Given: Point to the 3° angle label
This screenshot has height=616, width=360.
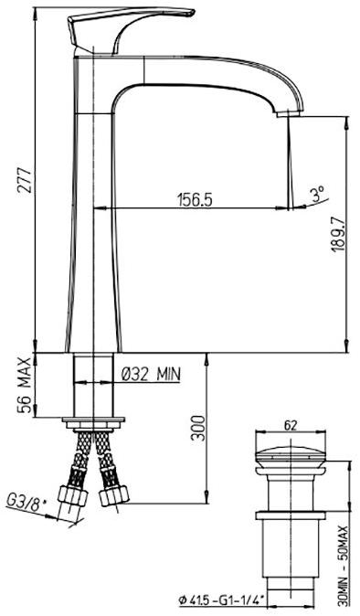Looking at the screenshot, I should (317, 194).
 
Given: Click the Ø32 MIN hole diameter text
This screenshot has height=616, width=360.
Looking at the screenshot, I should (152, 373).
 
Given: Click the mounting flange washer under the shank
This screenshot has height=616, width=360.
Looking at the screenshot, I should (94, 421).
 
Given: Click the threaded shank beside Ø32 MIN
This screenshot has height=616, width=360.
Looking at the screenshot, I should (94, 384).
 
